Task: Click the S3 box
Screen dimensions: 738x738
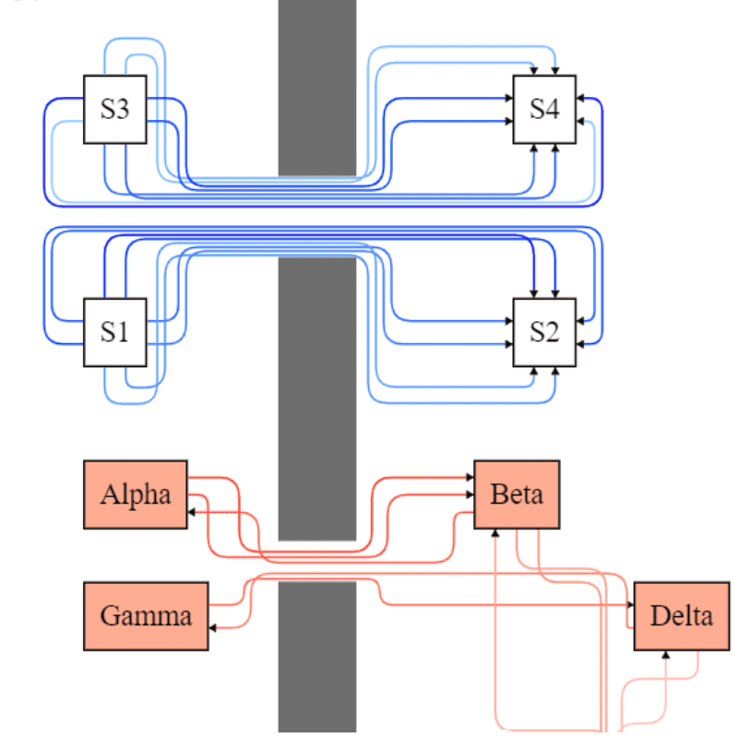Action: tap(115, 110)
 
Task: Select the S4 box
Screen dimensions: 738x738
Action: tap(544, 110)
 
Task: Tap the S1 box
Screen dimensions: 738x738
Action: tap(115, 332)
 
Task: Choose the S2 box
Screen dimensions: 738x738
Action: tap(544, 332)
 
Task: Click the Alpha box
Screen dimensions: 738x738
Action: tap(136, 494)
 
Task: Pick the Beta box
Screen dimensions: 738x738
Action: tap(517, 494)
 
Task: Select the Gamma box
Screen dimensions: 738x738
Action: tap(146, 615)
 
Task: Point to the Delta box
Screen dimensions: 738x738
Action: tap(681, 615)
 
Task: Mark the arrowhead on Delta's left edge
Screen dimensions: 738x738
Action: tap(630, 605)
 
